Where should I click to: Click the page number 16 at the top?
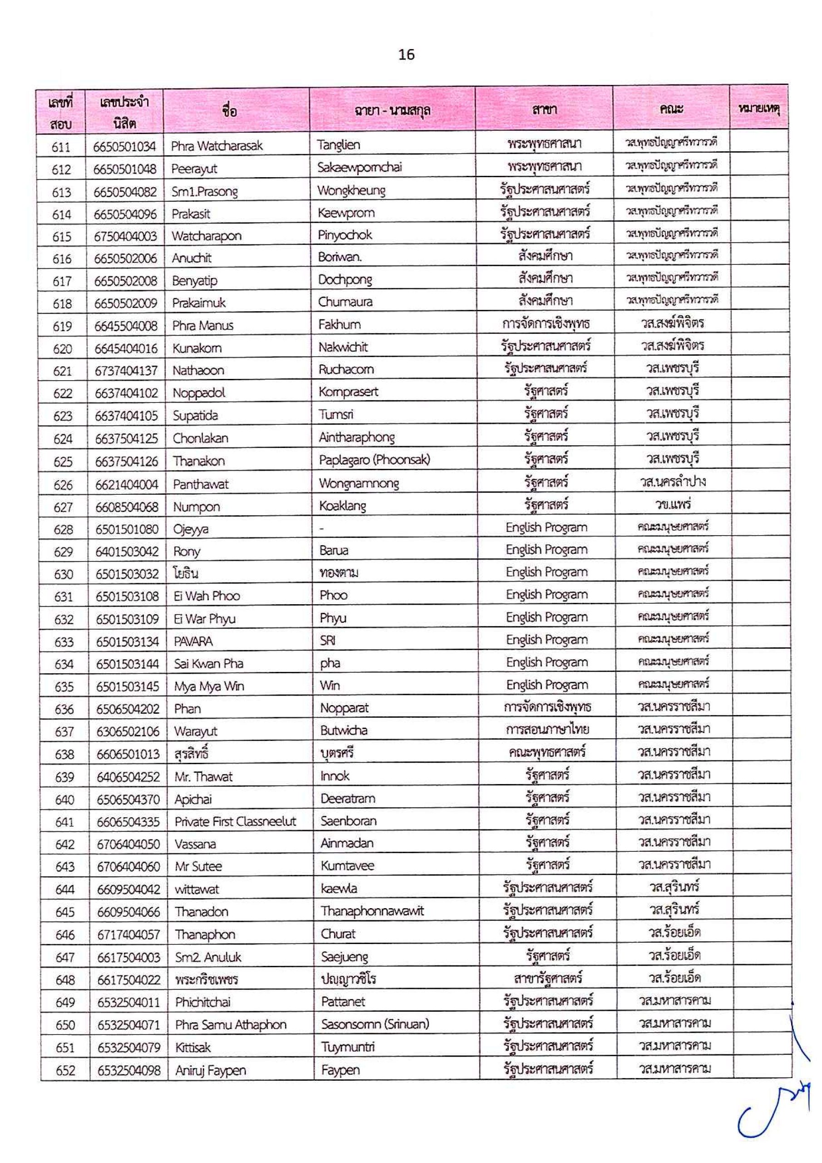point(406,55)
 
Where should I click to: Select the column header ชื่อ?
point(229,110)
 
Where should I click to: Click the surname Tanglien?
point(339,145)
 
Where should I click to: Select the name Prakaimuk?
point(198,303)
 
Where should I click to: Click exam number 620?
point(62,348)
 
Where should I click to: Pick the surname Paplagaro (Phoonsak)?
point(374,460)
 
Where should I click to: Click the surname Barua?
point(334,551)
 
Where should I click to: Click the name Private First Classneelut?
point(235,822)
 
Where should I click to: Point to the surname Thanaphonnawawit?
point(372,911)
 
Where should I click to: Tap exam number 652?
point(65,1071)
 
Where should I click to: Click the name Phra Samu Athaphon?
point(230,1025)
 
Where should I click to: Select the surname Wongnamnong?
point(359,484)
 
